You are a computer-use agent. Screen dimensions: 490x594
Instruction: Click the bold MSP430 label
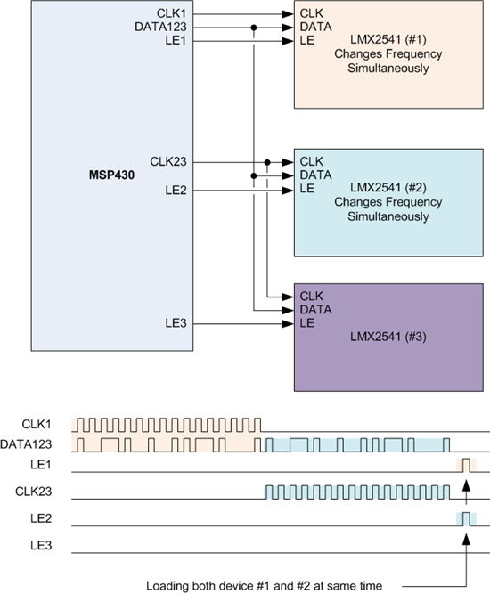coord(111,175)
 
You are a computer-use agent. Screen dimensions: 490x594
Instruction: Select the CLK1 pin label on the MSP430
coord(172,13)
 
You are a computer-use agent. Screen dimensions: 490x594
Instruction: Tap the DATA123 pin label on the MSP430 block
coord(160,27)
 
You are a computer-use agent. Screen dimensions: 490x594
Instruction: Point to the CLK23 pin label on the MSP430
coord(168,161)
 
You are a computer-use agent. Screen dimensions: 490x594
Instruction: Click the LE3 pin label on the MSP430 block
coord(176,323)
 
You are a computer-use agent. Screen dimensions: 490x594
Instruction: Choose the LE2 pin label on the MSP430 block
coord(176,190)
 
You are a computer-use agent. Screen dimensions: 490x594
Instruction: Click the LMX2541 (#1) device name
coord(388,39)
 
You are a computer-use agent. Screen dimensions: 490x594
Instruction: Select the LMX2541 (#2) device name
coord(388,188)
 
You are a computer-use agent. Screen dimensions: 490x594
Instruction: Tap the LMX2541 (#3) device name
coord(388,337)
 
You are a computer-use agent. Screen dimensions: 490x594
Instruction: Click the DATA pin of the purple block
coord(315,310)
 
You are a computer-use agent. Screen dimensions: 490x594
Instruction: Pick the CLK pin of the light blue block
coord(312,161)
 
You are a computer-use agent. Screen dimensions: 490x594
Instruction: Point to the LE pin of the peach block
coord(307,40)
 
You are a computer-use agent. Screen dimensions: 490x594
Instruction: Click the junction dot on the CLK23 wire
coord(267,162)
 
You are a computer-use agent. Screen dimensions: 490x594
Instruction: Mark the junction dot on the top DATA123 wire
coord(254,28)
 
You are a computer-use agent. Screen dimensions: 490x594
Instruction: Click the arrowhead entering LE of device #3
coord(288,324)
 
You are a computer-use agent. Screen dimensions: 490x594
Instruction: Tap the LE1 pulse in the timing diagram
coord(466,465)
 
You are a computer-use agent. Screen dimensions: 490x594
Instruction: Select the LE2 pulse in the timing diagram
coord(466,519)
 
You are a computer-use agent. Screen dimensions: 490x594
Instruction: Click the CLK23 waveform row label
coord(33,492)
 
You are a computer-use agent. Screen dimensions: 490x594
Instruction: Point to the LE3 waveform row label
coord(41,546)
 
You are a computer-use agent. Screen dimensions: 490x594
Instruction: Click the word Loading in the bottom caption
coord(167,586)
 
